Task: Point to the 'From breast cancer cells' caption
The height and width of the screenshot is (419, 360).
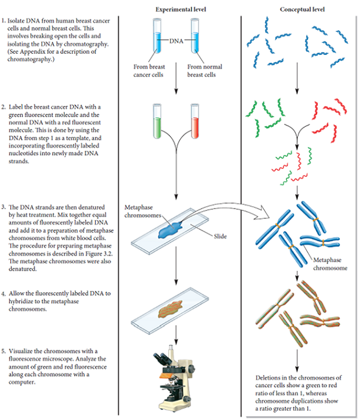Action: pos(149,71)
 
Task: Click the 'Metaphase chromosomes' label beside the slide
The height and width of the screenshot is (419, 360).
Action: pos(143,212)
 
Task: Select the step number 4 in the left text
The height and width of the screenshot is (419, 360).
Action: pos(3,293)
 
